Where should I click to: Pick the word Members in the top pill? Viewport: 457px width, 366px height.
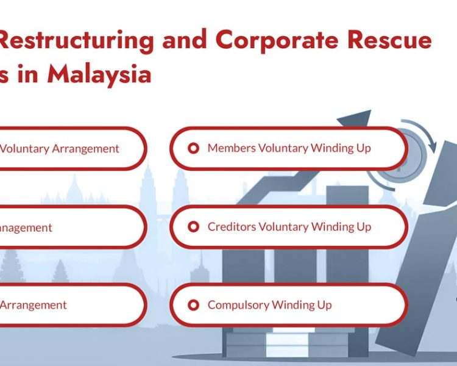[x=232, y=148]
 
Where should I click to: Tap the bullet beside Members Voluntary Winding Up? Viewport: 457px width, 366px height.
[x=193, y=148]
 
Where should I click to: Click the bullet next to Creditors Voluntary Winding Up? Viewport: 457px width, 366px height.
[x=193, y=227]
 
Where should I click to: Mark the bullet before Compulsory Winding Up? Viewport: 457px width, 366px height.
[x=193, y=305]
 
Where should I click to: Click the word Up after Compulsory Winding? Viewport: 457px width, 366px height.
[x=324, y=305]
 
